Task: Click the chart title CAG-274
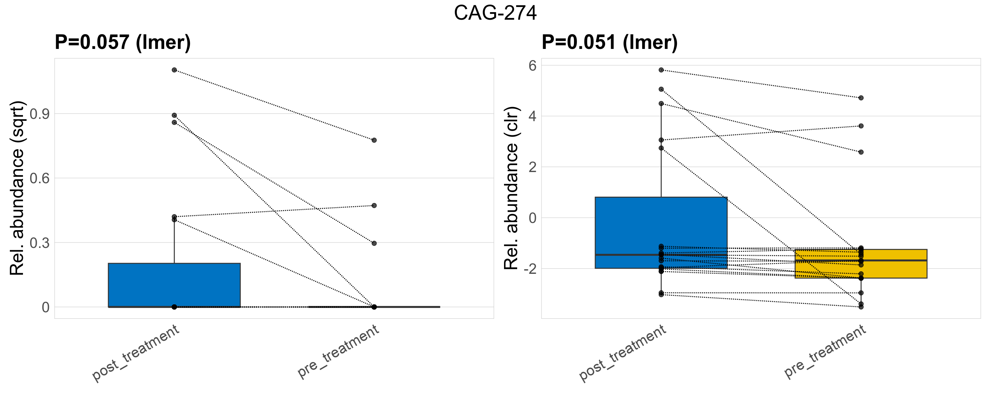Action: pyautogui.click(x=495, y=13)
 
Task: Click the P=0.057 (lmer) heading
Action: pyautogui.click(x=123, y=42)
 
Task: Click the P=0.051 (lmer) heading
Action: pyautogui.click(x=609, y=42)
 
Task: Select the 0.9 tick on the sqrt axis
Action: pyautogui.click(x=40, y=114)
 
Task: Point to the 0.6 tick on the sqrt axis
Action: pyautogui.click(x=40, y=179)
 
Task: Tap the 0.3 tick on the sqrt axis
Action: pyautogui.click(x=40, y=243)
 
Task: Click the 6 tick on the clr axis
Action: pyautogui.click(x=533, y=66)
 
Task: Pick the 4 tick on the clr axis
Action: pyautogui.click(x=533, y=116)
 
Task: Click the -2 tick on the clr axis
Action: pyautogui.click(x=530, y=269)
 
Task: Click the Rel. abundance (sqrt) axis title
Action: pyautogui.click(x=17, y=188)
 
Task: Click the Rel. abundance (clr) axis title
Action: pyautogui.click(x=512, y=188)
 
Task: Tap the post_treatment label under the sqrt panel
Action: pyautogui.click(x=136, y=353)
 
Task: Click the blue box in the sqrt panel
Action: pyautogui.click(x=174, y=285)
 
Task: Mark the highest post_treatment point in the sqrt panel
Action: pyautogui.click(x=174, y=70)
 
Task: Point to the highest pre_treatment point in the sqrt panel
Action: pyautogui.click(x=374, y=141)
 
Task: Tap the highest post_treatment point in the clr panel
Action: pyautogui.click(x=661, y=70)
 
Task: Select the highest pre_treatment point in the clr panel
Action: pyautogui.click(x=861, y=98)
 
